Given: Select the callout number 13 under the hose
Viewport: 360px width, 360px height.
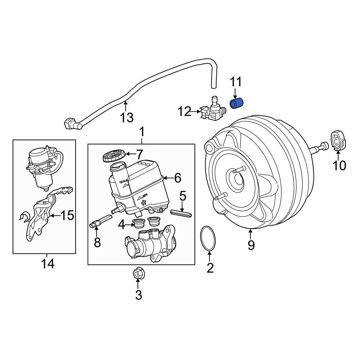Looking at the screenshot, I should pos(127,117).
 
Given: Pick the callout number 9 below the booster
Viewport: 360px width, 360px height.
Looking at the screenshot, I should pos(251,245).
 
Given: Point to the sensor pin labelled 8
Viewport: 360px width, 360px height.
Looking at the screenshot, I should pos(99,222).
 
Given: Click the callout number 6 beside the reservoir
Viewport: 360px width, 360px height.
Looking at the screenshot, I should pos(177,177).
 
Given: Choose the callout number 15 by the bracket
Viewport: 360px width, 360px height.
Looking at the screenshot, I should pos(67,216).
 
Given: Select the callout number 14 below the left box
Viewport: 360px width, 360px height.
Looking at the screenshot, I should pos(48,264).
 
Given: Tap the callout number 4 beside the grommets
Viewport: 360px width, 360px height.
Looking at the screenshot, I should pos(121,225).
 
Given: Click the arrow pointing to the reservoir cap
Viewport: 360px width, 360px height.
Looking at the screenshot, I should pos(129,155).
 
